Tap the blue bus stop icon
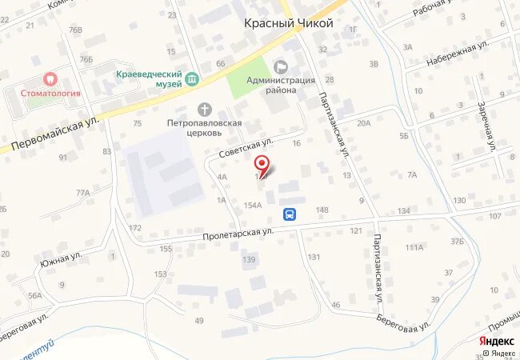[290, 214]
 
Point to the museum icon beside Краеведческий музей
[192, 78]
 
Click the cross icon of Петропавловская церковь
[204, 109]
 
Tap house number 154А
[253, 206]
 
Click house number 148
[322, 210]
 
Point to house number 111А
[414, 248]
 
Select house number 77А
[82, 193]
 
